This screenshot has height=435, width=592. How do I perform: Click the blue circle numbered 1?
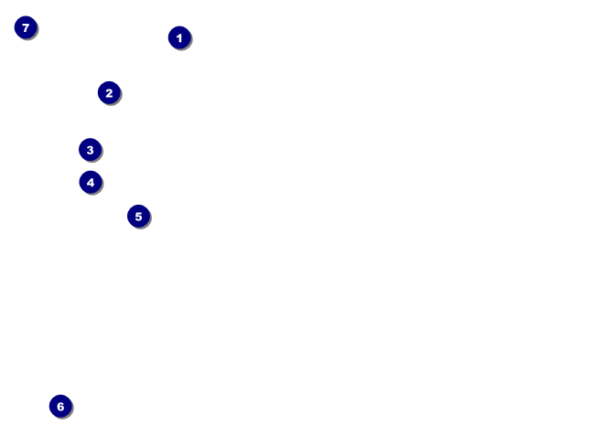pos(179,37)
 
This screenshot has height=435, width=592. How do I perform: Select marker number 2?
pos(109,92)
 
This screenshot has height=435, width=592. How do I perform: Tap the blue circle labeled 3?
pos(90,149)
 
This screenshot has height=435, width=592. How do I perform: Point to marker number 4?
pos(90,182)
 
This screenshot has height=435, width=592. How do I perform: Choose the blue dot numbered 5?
pos(138,216)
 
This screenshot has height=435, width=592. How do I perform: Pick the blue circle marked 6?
pos(60,406)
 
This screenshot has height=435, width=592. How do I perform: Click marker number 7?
pos(26,27)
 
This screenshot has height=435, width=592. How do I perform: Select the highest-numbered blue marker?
pos(26,27)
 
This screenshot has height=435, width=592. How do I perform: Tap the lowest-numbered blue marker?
pos(179,37)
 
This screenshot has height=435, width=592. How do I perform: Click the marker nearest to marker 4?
pos(90,149)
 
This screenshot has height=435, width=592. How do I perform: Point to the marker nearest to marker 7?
pos(109,92)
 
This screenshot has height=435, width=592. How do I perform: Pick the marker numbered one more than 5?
pos(60,406)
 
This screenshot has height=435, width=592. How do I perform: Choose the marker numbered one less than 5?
pos(90,182)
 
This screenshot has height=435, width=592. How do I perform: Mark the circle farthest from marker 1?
pos(60,406)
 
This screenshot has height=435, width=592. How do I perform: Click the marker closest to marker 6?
pos(138,216)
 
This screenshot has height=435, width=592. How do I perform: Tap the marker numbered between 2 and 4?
pos(90,149)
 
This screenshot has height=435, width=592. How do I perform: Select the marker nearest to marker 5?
pos(90,182)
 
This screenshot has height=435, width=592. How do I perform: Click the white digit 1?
pos(179,37)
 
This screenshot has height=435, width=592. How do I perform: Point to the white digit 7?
pos(26,27)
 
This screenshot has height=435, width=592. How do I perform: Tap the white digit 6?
pos(60,406)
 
